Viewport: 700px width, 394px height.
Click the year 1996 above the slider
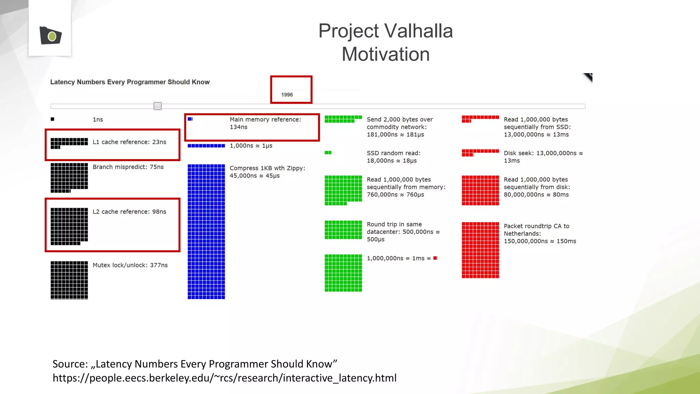(x=287, y=95)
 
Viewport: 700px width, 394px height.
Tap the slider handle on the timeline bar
(x=158, y=106)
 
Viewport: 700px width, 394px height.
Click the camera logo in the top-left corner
(x=51, y=35)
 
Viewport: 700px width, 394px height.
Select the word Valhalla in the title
(x=419, y=31)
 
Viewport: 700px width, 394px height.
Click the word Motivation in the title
(x=386, y=54)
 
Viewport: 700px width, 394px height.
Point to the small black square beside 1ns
(x=52, y=119)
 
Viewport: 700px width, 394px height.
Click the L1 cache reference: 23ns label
(x=129, y=142)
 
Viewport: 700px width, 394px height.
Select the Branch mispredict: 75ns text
(x=128, y=167)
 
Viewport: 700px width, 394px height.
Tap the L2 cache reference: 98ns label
(x=129, y=212)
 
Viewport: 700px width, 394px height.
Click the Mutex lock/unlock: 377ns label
(x=130, y=265)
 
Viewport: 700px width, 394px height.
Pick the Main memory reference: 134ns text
(x=265, y=123)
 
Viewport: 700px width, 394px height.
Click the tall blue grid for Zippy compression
(x=206, y=232)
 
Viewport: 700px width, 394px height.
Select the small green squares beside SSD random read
(x=328, y=153)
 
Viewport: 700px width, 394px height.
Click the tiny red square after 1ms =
(x=435, y=258)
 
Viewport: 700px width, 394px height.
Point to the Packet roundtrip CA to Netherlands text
(x=539, y=234)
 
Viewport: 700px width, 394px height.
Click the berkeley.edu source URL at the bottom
(x=224, y=378)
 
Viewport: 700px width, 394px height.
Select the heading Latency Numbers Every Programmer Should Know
(x=130, y=82)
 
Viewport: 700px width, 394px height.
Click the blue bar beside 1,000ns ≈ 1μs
(x=206, y=146)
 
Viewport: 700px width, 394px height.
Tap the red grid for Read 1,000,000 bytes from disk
(x=480, y=191)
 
